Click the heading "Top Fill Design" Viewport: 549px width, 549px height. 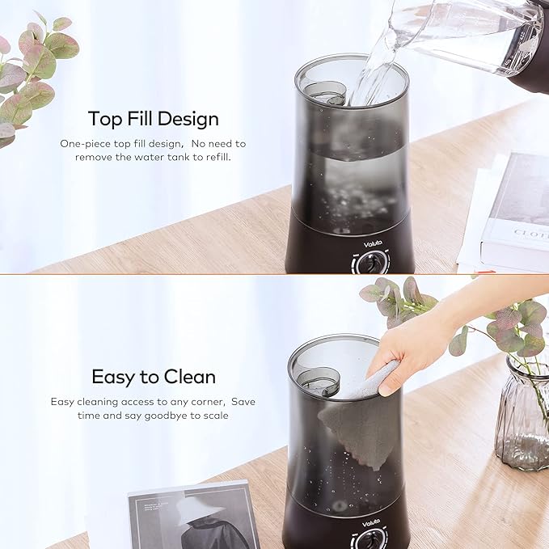[153, 119]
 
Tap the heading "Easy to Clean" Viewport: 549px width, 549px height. [153, 377]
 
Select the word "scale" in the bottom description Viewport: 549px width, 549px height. [213, 415]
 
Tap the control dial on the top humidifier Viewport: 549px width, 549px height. [372, 262]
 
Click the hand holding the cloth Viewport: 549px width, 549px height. [420, 348]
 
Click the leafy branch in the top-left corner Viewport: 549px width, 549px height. [32, 73]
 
